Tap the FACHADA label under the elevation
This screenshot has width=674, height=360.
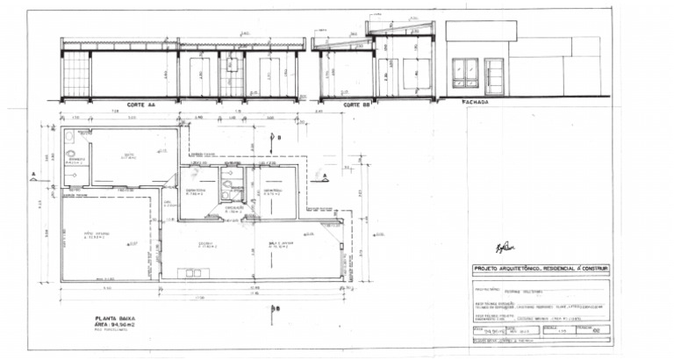474,101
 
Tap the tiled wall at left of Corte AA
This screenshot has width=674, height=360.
76,74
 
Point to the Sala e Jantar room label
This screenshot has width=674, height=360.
278,244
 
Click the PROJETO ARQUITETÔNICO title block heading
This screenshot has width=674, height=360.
541,268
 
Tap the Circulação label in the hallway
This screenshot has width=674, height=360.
235,209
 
